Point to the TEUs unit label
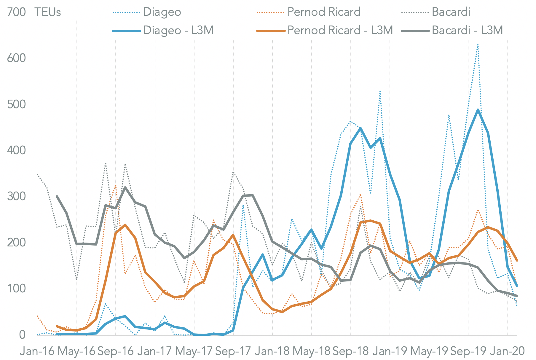pyautogui.click(x=48, y=12)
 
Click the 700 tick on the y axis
pyautogui.click(x=16, y=12)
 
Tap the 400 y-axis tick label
pyautogui.click(x=16, y=150)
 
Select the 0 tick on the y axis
pyautogui.click(x=22, y=335)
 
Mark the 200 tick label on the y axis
pyautogui.click(x=16, y=243)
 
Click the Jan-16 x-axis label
pyautogui.click(x=37, y=351)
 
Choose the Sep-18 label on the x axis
pyautogui.click(x=351, y=351)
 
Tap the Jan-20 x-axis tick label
pyautogui.click(x=507, y=351)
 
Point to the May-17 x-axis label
pyautogui.click(x=194, y=351)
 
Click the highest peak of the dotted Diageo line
pyautogui.click(x=478, y=44)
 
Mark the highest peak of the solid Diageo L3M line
pyautogui.click(x=478, y=110)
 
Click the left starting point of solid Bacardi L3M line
pyautogui.click(x=57, y=196)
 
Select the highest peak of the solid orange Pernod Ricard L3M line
pyautogui.click(x=370, y=221)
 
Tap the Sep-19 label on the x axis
pyautogui.click(x=468, y=351)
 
